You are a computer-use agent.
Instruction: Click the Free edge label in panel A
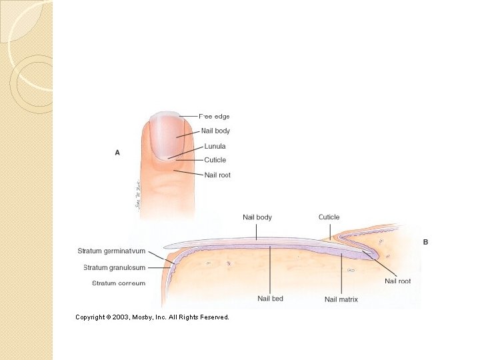pos(214,117)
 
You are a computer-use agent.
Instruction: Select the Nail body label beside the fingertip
pos(215,131)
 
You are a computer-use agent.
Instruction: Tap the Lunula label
pos(215,146)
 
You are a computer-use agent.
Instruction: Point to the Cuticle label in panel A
pos(215,160)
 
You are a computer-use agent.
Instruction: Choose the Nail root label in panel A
pos(217,175)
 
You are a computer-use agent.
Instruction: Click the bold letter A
pos(117,153)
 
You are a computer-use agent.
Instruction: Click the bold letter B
pos(425,242)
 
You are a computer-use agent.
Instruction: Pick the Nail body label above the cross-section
pos(257,217)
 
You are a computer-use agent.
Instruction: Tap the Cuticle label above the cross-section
pos(329,217)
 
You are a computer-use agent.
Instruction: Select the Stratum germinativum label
pos(111,251)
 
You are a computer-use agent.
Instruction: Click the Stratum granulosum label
pos(114,267)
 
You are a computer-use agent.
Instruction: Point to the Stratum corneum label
pos(119,283)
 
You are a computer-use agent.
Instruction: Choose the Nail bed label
pos(270,298)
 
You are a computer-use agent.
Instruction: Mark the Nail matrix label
pos(341,299)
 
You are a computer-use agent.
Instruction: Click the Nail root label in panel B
pos(397,281)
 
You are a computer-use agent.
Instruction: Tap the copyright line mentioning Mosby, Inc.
pos(152,317)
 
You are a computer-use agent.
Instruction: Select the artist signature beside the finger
pos(136,193)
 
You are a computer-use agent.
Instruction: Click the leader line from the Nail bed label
pos(270,270)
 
